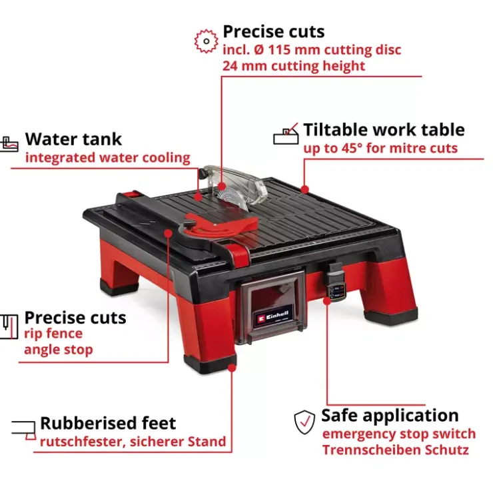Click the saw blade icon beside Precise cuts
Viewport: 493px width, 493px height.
[206, 41]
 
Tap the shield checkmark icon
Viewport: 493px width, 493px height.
[304, 422]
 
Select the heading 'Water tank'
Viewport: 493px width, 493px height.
[73, 139]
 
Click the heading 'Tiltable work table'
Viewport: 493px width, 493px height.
[384, 129]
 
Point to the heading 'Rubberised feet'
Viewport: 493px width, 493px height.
[108, 423]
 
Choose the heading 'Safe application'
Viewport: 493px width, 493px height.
[390, 415]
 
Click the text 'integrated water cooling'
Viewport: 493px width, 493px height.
[108, 157]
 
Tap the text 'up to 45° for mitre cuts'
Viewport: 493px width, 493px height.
[380, 148]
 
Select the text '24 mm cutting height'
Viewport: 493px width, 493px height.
[294, 67]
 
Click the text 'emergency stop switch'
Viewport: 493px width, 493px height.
[399, 434]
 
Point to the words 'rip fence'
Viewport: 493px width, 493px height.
[53, 334]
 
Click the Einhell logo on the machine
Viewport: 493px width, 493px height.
[273, 316]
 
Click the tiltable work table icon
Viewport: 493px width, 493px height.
[286, 134]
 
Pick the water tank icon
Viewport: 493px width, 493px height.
[9, 144]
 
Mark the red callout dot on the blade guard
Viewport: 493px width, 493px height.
[222, 186]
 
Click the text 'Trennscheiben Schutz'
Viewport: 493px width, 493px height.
[395, 450]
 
